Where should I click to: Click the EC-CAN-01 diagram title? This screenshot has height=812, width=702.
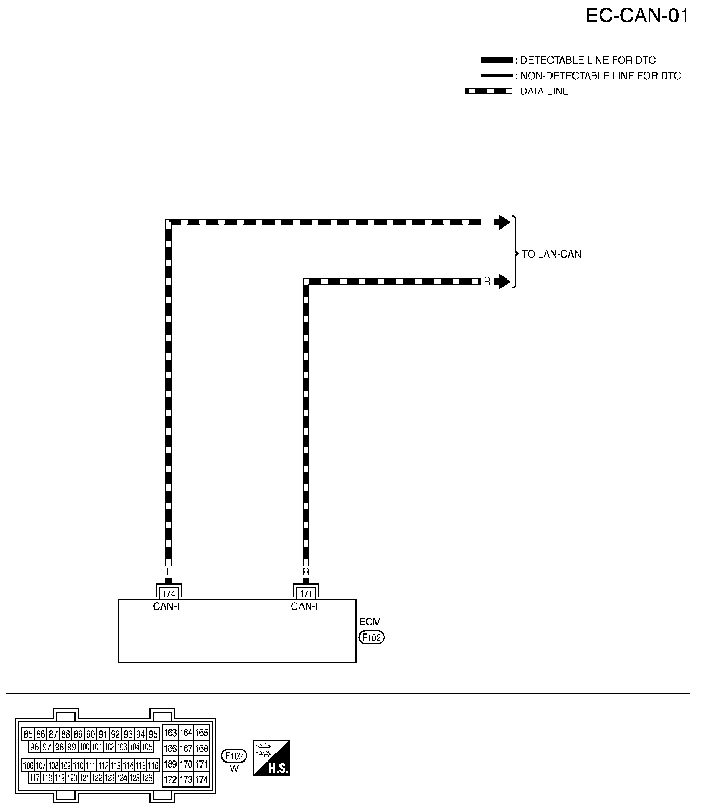pyautogui.click(x=637, y=16)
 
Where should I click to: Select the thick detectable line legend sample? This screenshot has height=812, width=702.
pyautogui.click(x=496, y=60)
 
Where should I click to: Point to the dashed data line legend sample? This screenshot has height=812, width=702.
pyautogui.click(x=488, y=91)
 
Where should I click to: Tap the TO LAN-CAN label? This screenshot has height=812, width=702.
pyautogui.click(x=551, y=254)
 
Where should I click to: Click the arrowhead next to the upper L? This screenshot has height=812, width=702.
pyautogui.click(x=504, y=222)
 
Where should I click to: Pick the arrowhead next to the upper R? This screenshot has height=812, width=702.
pyautogui.click(x=504, y=281)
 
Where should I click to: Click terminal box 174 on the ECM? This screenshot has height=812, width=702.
pyautogui.click(x=168, y=594)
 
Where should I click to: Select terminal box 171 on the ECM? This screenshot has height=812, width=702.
pyautogui.click(x=306, y=594)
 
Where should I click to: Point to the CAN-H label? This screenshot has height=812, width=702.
pyautogui.click(x=168, y=606)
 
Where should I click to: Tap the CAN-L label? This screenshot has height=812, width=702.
pyautogui.click(x=306, y=606)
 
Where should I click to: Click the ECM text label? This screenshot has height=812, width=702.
pyautogui.click(x=370, y=622)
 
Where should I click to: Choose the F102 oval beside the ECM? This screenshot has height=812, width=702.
pyautogui.click(x=371, y=638)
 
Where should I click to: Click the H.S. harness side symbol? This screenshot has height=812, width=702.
pyautogui.click(x=271, y=758)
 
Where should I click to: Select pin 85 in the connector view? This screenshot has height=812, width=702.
pyautogui.click(x=28, y=734)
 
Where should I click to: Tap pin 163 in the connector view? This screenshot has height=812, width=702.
pyautogui.click(x=170, y=733)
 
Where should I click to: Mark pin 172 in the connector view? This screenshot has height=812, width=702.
pyautogui.click(x=170, y=780)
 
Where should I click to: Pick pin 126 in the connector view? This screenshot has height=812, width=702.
pyautogui.click(x=147, y=778)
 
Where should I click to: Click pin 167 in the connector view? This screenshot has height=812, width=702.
pyautogui.click(x=186, y=748)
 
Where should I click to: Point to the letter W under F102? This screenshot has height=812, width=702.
pyautogui.click(x=234, y=769)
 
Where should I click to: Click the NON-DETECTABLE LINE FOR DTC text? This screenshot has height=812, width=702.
pyautogui.click(x=600, y=76)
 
